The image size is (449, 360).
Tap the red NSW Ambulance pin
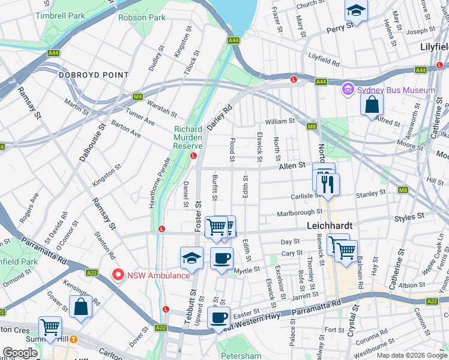click(x=118, y=275)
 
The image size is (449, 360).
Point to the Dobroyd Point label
click(x=94, y=75)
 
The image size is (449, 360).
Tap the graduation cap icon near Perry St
click(x=356, y=11)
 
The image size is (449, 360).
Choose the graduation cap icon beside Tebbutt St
click(x=192, y=257)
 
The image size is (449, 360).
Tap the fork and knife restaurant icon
click(x=328, y=183)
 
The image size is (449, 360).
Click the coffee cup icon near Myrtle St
click(x=221, y=259)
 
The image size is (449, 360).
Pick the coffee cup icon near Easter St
click(x=218, y=317)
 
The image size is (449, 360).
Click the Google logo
click(x=20, y=353)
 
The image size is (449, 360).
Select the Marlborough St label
click(x=300, y=212)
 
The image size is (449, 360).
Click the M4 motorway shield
click(x=137, y=97)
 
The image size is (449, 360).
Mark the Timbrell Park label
click(x=60, y=16)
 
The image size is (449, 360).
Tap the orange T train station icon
click(x=73, y=338)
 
